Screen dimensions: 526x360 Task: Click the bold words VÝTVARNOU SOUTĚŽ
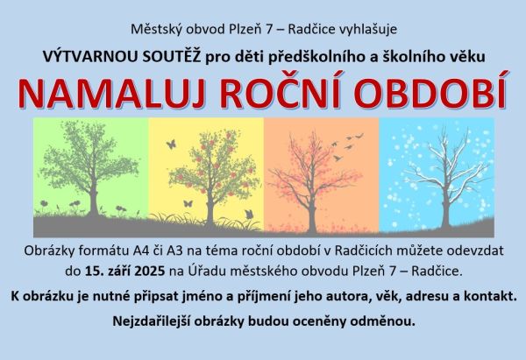(x=122, y=57)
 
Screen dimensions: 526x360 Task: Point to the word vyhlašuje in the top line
(x=368, y=30)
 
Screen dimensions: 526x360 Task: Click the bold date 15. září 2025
(x=124, y=271)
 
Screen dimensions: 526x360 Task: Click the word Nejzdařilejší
(x=152, y=321)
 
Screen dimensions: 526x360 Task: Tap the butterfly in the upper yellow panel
(x=171, y=145)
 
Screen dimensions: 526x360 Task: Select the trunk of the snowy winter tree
(x=445, y=208)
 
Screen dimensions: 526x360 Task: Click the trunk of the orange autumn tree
(x=312, y=215)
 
